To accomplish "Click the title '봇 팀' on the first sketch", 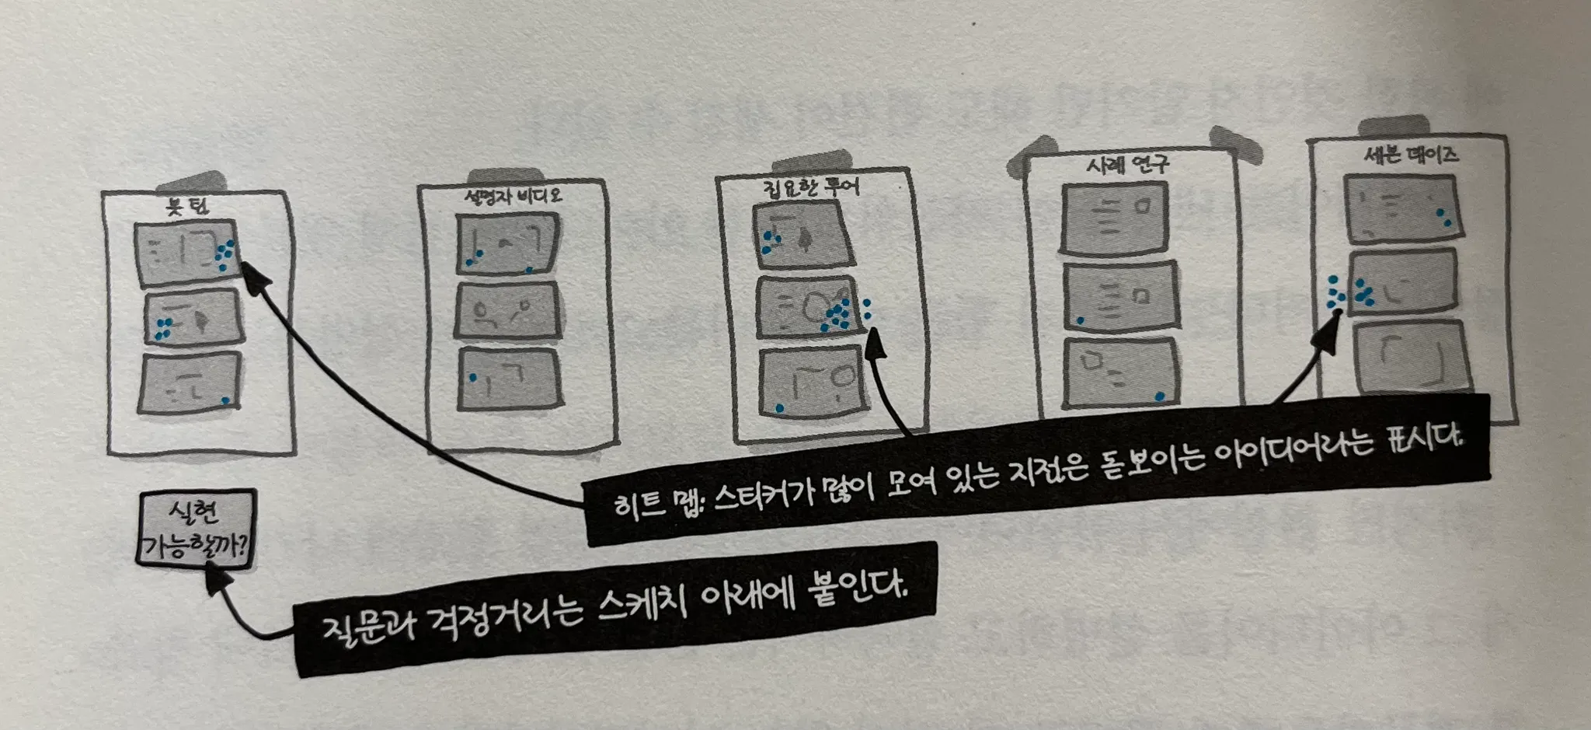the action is [188, 207].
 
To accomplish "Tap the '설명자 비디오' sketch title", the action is [513, 197].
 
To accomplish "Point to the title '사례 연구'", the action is [1127, 165].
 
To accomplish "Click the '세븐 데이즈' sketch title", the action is [1411, 155].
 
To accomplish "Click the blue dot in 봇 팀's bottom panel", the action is [225, 400].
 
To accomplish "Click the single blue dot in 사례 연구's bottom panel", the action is [1160, 396].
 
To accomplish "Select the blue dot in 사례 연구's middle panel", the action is [1080, 320].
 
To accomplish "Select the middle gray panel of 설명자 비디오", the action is [508, 310].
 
